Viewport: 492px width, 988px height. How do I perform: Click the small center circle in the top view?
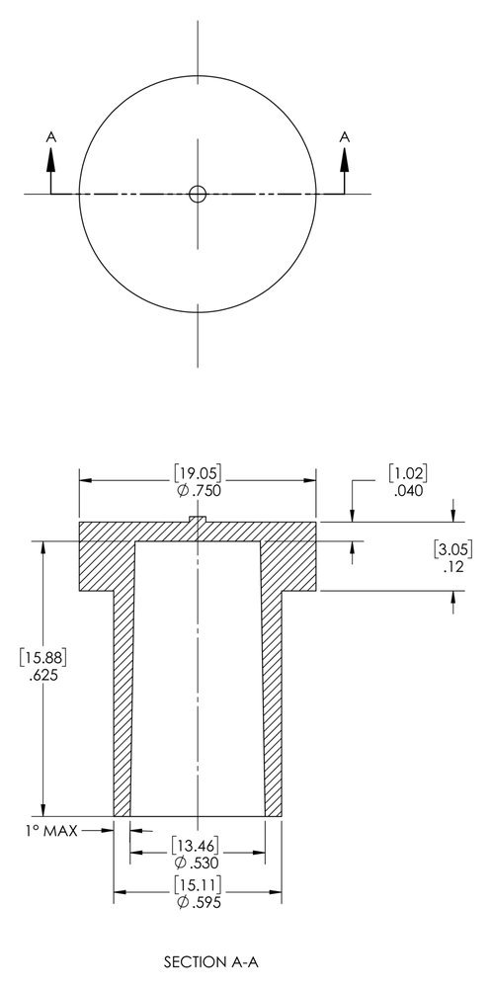pos(198,194)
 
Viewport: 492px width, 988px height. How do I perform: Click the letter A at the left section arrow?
pos(51,138)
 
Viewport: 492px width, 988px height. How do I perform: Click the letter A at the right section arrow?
pos(345,138)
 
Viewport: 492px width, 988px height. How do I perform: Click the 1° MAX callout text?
pos(46,831)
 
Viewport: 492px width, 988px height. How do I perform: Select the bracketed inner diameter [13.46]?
pos(198,845)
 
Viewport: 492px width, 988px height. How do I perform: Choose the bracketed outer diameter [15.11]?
pos(198,883)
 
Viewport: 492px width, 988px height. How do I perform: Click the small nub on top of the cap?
pos(198,519)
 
